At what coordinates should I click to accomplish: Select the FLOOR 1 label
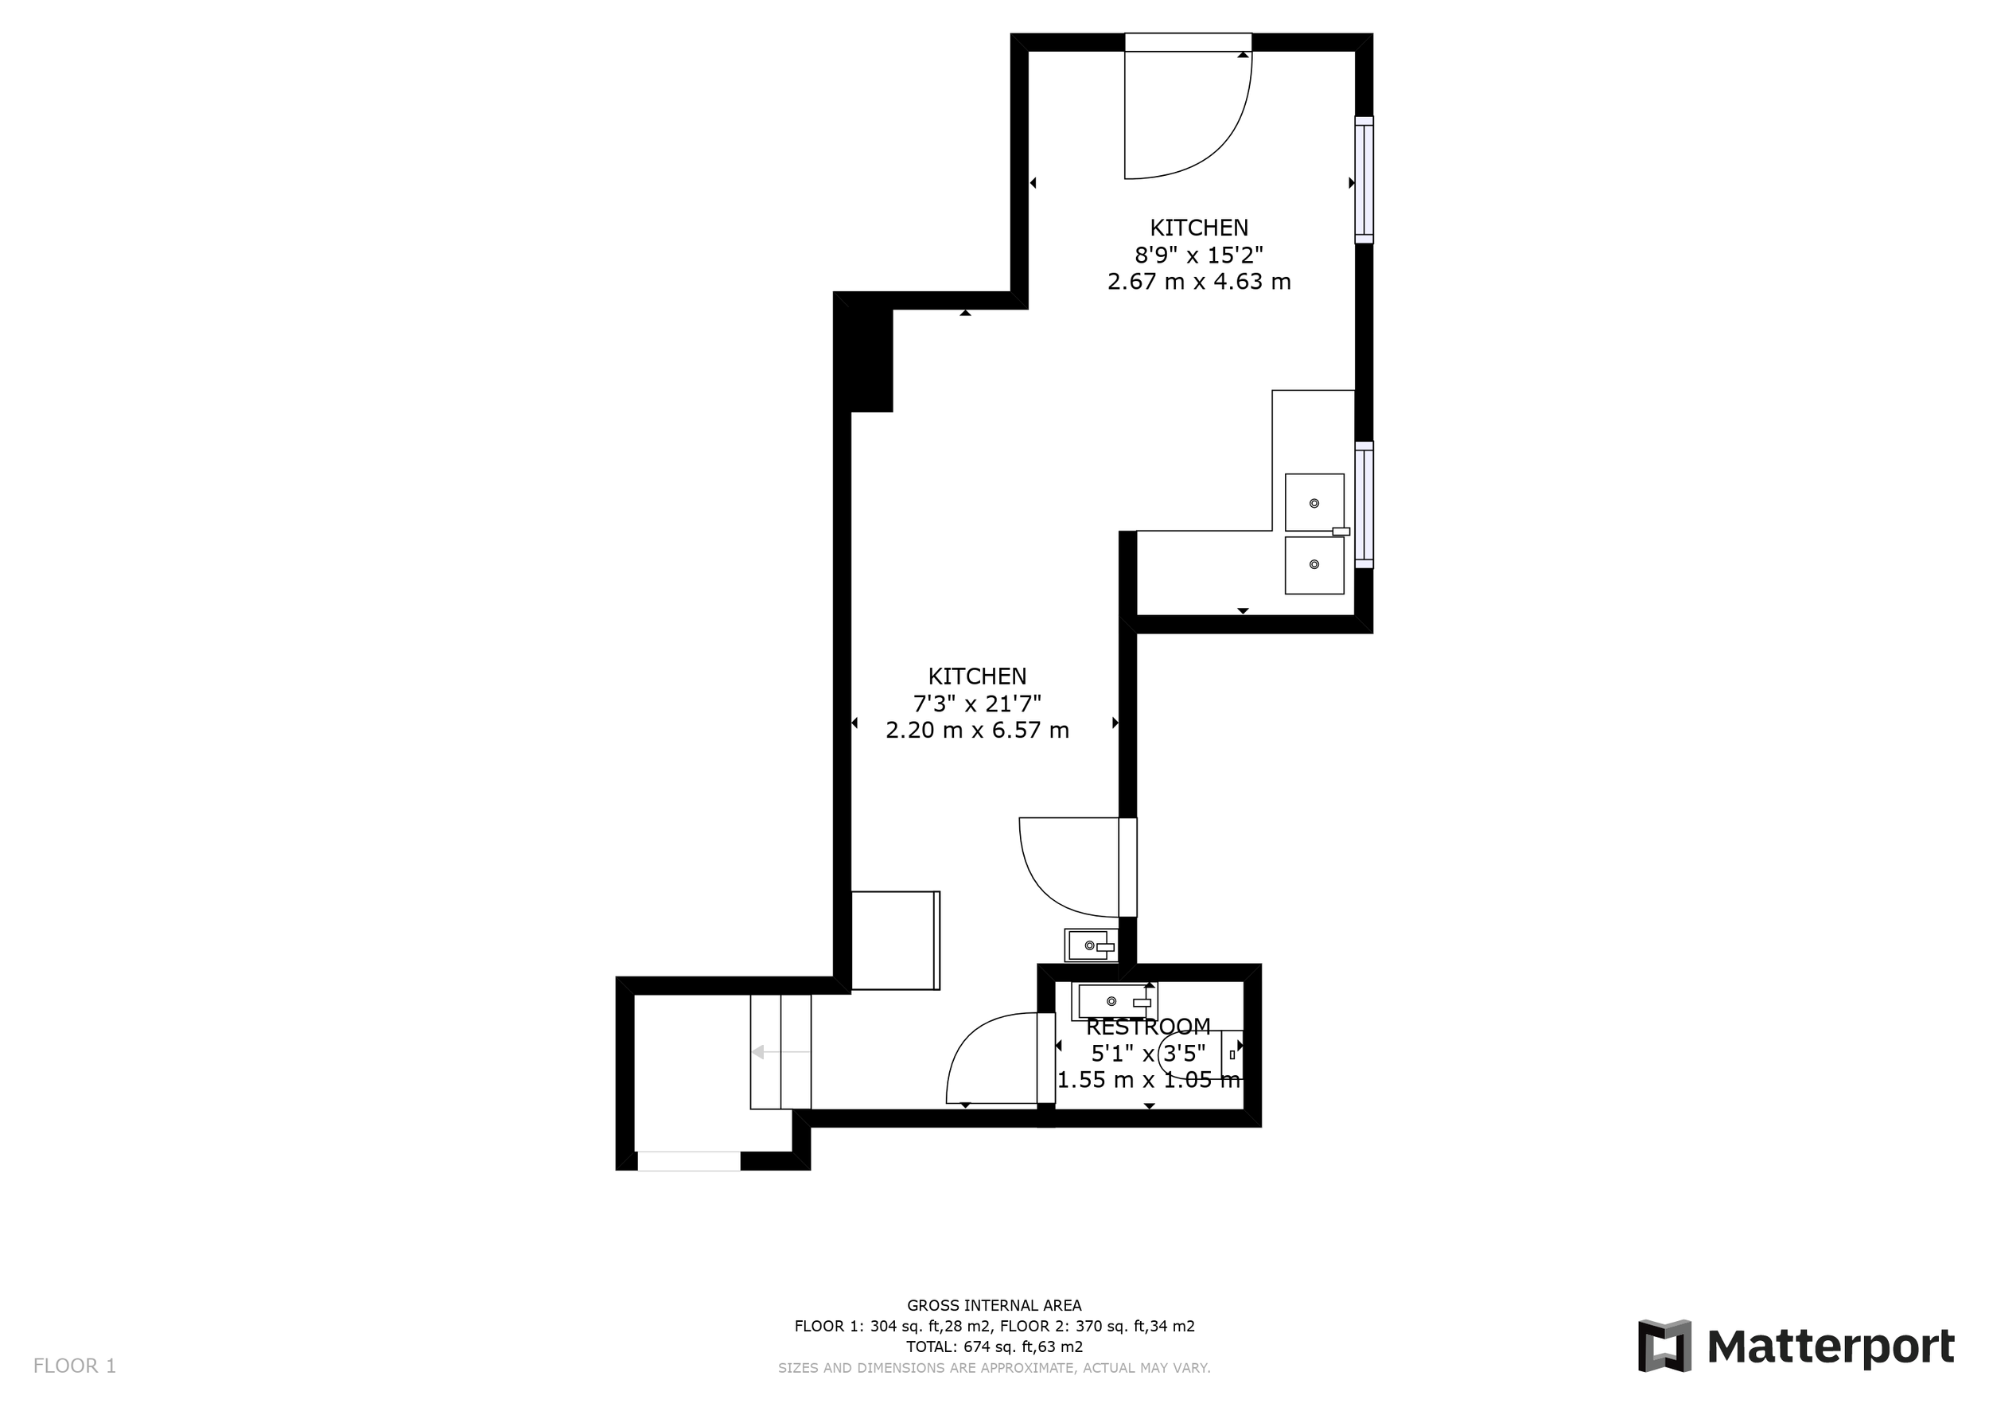(x=75, y=1366)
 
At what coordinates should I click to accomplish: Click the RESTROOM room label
(x=1148, y=1027)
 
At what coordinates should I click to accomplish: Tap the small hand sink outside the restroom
(x=1091, y=945)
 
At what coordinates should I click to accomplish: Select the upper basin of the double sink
(x=1314, y=502)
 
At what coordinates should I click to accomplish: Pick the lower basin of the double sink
(x=1314, y=565)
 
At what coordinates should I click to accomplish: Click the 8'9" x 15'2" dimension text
(x=1199, y=255)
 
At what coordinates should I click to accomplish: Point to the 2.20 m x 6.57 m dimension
(x=977, y=731)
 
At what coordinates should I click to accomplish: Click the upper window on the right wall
(x=1364, y=180)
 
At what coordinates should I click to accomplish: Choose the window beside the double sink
(x=1364, y=505)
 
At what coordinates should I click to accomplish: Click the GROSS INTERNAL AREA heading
(x=994, y=1306)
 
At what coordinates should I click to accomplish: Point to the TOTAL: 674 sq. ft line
(x=994, y=1347)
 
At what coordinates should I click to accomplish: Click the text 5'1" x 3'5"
(x=1148, y=1054)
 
